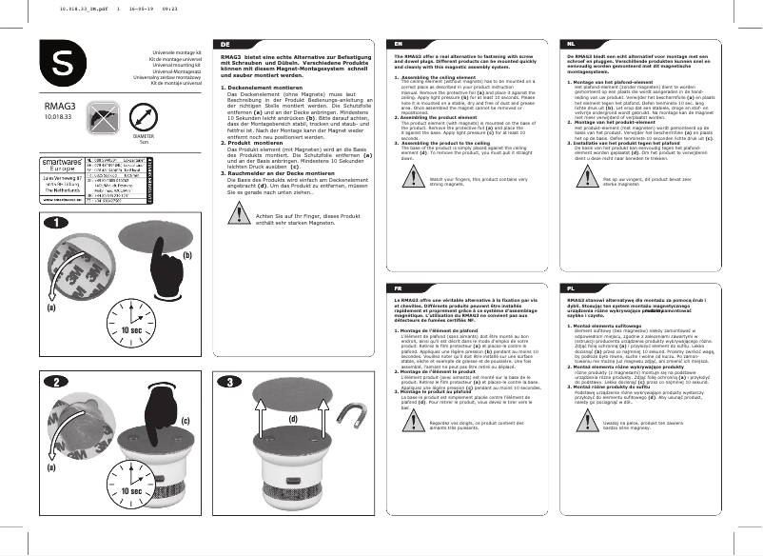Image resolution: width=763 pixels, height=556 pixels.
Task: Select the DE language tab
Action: tap(225, 45)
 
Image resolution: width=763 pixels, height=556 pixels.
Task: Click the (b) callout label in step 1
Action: tap(186, 255)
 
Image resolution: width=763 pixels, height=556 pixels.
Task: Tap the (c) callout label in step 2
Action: tap(186, 420)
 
